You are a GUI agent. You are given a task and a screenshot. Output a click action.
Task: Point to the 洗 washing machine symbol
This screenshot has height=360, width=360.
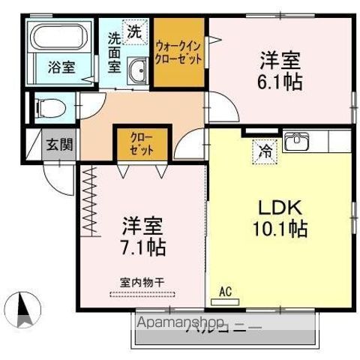pos(133,31)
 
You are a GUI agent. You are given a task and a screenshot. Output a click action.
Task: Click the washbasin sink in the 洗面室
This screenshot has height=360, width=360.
pos(137,73)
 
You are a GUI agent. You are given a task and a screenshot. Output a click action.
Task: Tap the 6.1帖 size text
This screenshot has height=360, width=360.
pos(282,82)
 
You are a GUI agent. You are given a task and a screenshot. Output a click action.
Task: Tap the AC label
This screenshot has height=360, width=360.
pos(224,290)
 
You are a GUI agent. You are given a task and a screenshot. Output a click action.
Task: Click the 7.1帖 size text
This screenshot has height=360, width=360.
pos(142,245)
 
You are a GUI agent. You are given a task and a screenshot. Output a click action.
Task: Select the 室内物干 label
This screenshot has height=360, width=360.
pos(142,282)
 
